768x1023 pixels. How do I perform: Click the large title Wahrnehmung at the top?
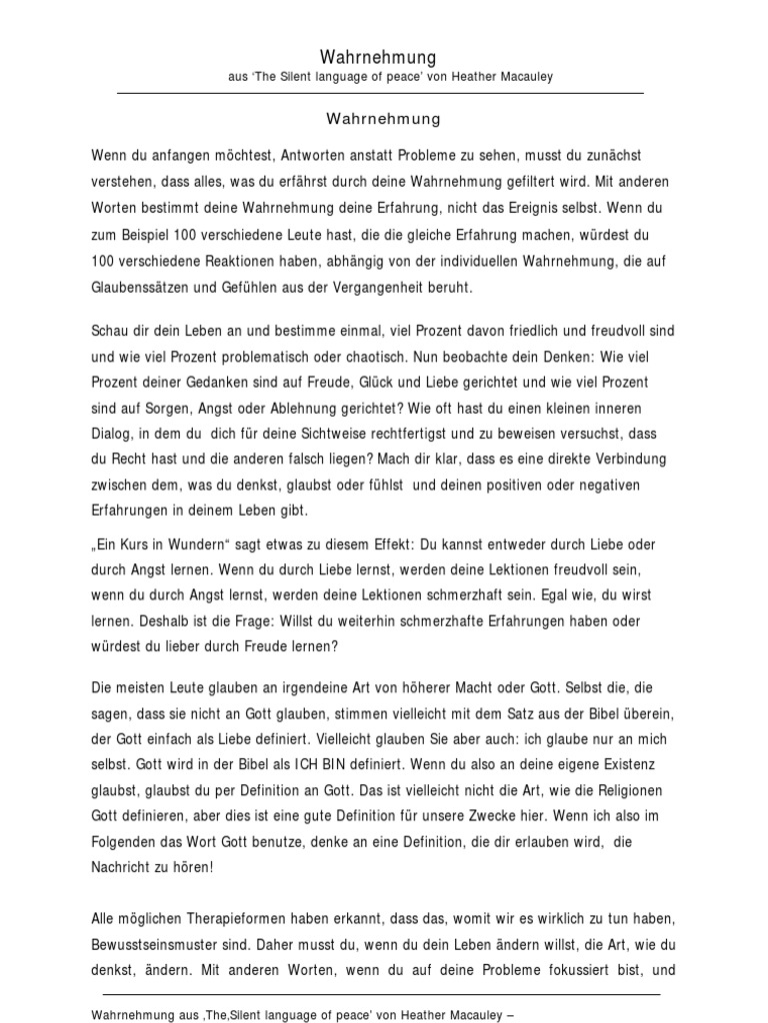coord(378,58)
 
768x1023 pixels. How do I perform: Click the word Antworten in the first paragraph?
coord(285,157)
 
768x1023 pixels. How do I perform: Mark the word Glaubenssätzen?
coord(141,287)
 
